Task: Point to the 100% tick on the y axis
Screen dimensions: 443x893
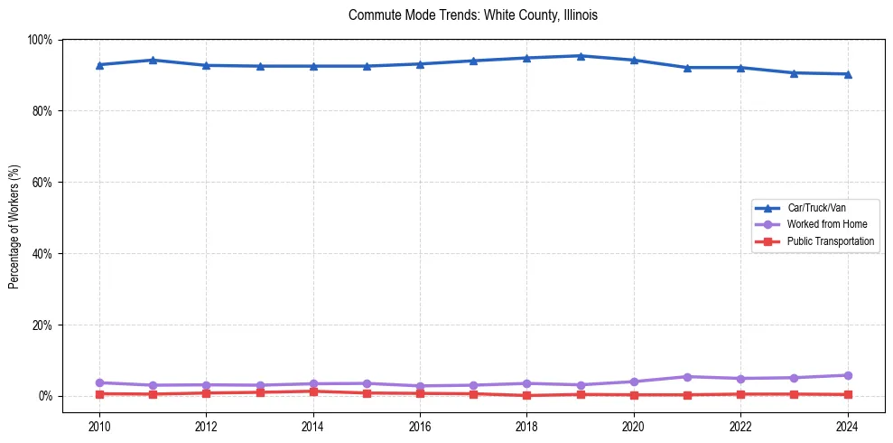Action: point(40,40)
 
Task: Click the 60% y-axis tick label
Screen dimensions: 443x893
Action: point(42,183)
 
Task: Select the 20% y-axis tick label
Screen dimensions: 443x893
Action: point(42,325)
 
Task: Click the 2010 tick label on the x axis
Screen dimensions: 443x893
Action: point(99,427)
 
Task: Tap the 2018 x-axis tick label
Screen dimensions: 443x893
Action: point(527,427)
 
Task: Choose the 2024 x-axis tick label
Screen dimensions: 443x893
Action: point(847,427)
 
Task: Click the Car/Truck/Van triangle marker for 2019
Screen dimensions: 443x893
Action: point(581,56)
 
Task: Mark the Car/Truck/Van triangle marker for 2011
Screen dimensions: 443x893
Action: point(153,60)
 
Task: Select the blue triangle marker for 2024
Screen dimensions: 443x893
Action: point(847,74)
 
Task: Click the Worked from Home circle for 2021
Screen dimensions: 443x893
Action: point(687,376)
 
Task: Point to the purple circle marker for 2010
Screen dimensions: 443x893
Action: point(99,382)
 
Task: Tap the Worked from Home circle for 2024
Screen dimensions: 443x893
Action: point(847,375)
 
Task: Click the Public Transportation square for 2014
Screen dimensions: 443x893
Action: point(313,391)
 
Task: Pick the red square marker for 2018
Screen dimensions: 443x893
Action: point(527,395)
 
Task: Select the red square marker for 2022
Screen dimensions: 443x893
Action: point(740,394)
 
